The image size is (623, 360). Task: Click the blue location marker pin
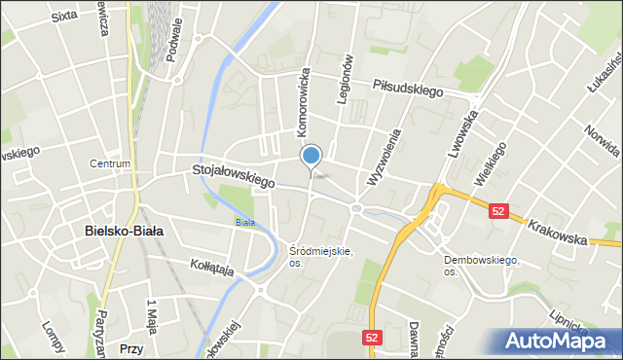pos(311,156)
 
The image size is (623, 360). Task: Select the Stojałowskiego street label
pos(234,176)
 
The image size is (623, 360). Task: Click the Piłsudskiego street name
pos(407,87)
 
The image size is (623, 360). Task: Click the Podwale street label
pos(174,66)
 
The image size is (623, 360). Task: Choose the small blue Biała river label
pos(244,222)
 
